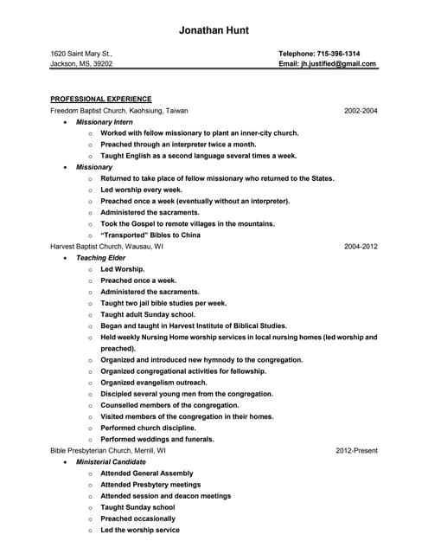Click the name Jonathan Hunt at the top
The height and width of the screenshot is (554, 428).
tap(214, 30)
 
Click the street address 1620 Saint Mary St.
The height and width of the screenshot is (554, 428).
tap(81, 53)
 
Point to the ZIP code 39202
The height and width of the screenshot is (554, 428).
tap(104, 64)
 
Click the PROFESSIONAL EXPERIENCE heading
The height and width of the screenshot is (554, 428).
tap(101, 99)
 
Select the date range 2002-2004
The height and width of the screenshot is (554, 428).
tap(361, 111)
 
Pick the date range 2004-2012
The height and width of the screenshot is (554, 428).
tap(361, 247)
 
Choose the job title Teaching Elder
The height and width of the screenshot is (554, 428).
tap(100, 258)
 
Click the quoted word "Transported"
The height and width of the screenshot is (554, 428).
tap(126, 235)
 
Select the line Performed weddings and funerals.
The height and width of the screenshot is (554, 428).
tap(157, 439)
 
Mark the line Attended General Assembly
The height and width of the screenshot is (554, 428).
tap(147, 473)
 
